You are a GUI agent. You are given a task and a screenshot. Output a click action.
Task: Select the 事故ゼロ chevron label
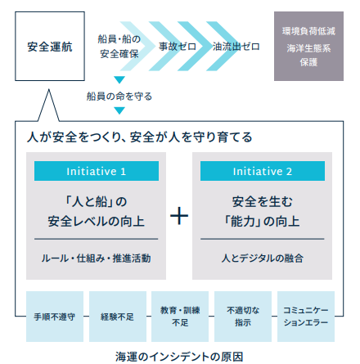click(x=178, y=47)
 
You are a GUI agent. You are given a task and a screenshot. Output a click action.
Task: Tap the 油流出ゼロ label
click(x=236, y=47)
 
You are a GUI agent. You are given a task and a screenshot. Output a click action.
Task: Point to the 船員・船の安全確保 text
click(x=119, y=47)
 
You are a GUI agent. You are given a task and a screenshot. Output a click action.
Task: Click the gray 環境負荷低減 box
click(x=308, y=46)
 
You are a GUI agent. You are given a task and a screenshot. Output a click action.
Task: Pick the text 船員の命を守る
click(x=119, y=97)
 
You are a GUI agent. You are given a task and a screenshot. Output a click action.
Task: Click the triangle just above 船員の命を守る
click(x=119, y=79)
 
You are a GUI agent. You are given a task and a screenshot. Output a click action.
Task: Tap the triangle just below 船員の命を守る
click(x=119, y=110)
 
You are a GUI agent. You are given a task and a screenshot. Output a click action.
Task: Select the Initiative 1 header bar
click(x=97, y=171)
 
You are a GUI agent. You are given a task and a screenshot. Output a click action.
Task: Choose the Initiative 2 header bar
click(x=263, y=171)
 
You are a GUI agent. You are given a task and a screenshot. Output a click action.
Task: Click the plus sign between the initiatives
click(x=179, y=216)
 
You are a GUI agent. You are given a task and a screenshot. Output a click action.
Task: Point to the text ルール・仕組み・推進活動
click(x=96, y=258)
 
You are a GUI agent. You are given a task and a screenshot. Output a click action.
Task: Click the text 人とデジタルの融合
click(x=263, y=258)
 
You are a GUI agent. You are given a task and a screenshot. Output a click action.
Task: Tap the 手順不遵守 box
click(x=55, y=317)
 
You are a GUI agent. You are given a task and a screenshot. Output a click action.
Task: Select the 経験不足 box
click(x=118, y=317)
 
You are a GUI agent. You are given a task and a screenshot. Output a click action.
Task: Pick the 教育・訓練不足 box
click(x=180, y=317)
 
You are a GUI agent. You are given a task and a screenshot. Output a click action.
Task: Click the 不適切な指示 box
click(x=243, y=317)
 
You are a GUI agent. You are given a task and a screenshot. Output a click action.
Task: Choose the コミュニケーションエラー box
click(x=306, y=317)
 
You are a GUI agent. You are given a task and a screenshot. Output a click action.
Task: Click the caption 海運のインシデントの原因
click(x=179, y=357)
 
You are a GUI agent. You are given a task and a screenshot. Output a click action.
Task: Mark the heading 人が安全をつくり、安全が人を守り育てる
click(x=139, y=137)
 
